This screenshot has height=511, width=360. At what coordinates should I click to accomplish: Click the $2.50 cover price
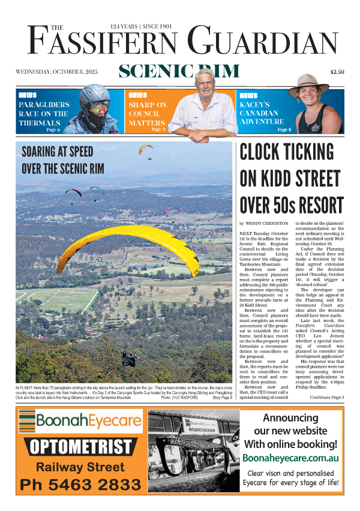[337, 73]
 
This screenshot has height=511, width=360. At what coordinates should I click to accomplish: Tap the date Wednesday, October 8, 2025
[56, 73]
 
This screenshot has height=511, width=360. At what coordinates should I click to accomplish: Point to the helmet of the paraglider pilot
[95, 94]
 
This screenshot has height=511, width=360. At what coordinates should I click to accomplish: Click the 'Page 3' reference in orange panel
[158, 129]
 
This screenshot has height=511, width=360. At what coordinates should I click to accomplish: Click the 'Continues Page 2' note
[326, 398]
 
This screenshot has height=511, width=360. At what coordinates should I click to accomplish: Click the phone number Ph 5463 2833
[80, 485]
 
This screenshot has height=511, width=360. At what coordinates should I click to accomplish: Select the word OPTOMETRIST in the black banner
[80, 446]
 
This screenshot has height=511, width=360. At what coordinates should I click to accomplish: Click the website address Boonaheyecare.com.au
[291, 458]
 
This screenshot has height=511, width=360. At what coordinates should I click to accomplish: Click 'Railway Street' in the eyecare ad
[80, 466]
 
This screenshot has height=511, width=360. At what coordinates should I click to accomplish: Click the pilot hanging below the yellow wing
[128, 358]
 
